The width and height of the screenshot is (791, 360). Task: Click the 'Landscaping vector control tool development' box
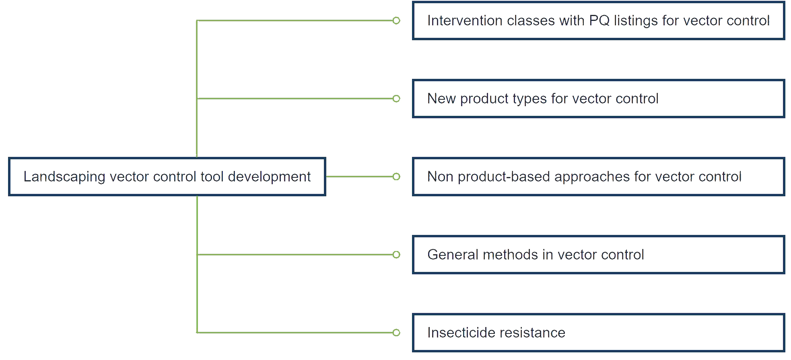167,177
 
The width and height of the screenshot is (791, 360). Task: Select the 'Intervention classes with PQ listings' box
598,21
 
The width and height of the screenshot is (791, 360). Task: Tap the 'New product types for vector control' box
598,99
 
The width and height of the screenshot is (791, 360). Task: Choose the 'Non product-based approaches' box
598,177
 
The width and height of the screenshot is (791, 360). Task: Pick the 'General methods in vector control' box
598,255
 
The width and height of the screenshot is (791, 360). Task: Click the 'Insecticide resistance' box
598,333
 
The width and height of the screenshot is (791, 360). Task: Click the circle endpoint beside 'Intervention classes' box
396,21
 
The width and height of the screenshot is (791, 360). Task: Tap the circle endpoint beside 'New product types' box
396,99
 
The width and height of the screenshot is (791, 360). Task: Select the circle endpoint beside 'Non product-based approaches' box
396,177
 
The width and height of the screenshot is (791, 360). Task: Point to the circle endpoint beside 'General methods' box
396,255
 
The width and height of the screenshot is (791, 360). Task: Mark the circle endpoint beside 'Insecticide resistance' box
396,333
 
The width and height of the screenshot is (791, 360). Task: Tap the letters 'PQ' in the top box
599,21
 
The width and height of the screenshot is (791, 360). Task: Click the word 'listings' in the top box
636,21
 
